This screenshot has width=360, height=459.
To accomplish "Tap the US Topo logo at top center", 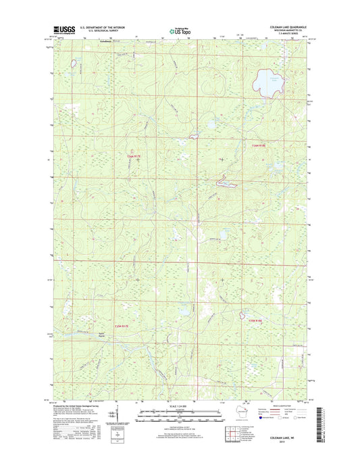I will [180, 30].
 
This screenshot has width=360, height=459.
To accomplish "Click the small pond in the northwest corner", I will [72, 64].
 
